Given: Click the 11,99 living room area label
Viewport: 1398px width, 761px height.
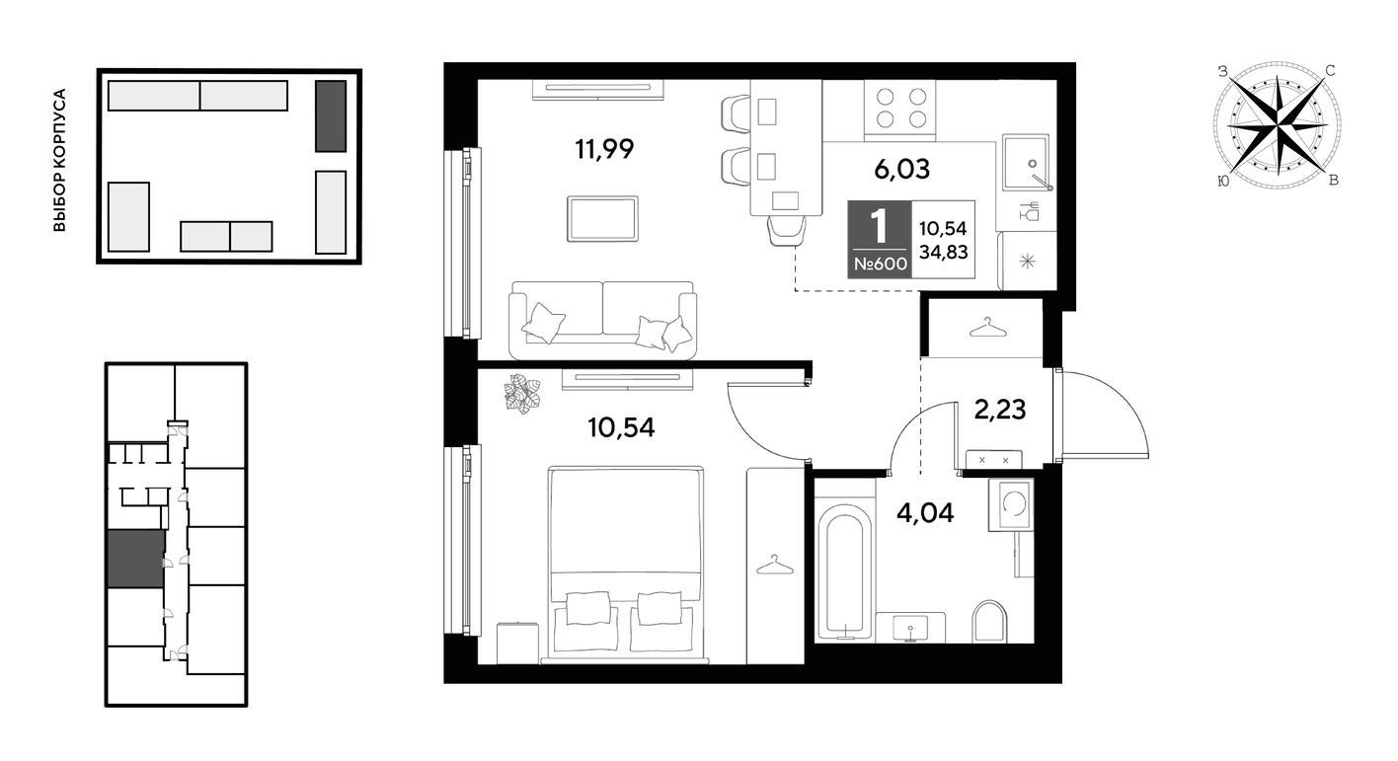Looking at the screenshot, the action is [604, 149].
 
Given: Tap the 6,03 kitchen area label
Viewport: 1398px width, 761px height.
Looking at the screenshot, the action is [901, 169].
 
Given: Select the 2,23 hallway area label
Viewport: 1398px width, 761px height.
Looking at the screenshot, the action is [1000, 410].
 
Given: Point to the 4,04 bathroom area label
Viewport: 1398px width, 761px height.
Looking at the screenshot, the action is [925, 512].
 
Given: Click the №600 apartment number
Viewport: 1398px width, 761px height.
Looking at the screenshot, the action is [880, 264].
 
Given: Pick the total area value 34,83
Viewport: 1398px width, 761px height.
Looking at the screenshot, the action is [943, 252].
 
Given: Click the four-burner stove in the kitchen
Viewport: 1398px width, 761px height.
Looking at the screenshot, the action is [900, 108].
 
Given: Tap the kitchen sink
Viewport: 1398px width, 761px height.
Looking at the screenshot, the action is [1027, 162].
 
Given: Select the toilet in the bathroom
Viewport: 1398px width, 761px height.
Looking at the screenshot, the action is [990, 621].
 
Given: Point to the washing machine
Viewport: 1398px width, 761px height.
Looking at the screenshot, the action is [1011, 504].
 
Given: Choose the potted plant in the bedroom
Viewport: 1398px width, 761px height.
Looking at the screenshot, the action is [522, 394].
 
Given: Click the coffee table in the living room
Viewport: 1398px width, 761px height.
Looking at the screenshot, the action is [603, 219].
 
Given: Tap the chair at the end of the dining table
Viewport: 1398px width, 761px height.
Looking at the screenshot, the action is [787, 231].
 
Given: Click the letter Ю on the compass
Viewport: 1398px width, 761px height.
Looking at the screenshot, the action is [1223, 181].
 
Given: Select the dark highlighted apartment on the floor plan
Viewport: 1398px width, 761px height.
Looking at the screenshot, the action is [136, 559].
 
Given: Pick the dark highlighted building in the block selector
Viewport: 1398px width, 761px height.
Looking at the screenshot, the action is [331, 116].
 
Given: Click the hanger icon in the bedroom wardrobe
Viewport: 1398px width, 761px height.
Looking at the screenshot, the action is [774, 566].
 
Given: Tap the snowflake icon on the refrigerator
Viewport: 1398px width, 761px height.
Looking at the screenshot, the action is [1027, 262].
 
